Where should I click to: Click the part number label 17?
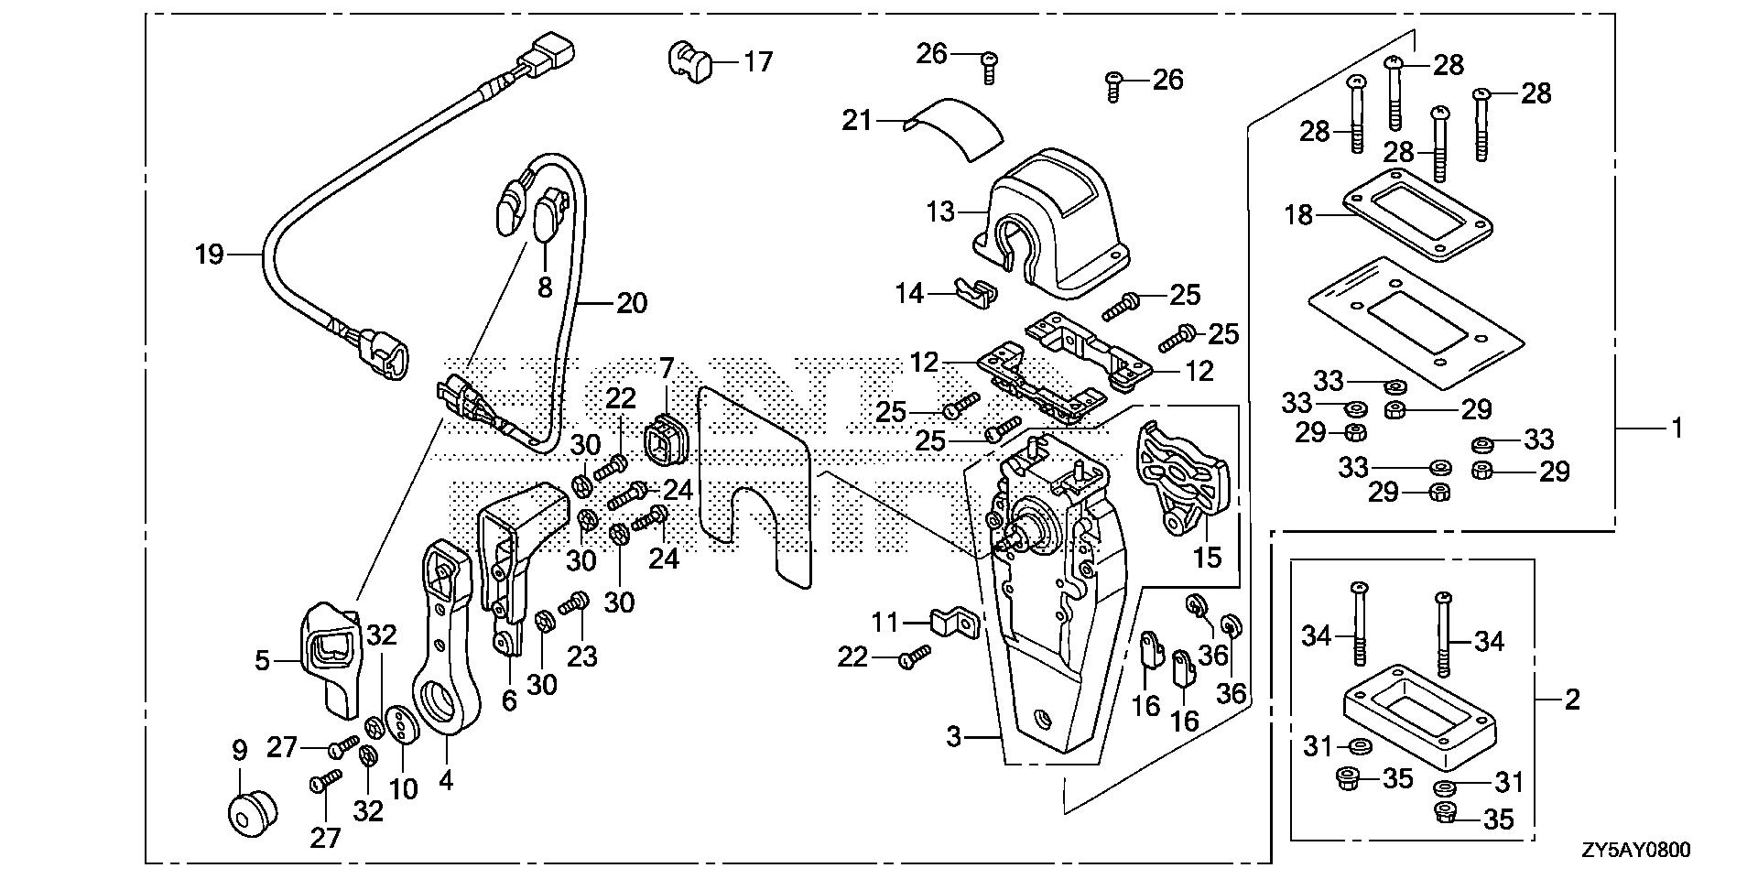point(758,62)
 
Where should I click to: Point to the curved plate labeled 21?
point(952,126)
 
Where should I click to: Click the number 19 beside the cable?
point(210,255)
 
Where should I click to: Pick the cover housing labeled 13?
point(1053,218)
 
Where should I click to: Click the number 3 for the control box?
point(954,736)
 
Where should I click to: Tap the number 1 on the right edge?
point(1677,428)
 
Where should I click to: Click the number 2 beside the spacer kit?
point(1571,700)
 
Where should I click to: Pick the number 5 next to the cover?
point(263,660)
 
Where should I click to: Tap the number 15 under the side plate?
point(1208,557)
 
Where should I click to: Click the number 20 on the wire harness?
point(632,303)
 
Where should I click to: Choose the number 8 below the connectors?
point(545,288)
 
